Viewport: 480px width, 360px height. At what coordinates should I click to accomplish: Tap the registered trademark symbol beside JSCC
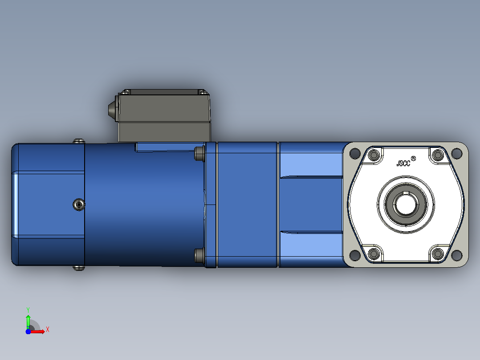coord(413,159)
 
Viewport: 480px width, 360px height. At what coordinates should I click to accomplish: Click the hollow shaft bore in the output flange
coord(405,205)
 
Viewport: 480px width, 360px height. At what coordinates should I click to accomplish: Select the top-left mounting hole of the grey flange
coord(355,153)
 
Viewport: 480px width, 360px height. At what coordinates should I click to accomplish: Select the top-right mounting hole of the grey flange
coord(456,153)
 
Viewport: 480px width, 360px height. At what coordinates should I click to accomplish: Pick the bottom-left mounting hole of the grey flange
coord(355,255)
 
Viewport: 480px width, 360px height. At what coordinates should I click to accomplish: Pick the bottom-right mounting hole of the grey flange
coord(456,255)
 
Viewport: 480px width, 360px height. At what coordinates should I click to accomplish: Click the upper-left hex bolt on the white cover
coord(374,155)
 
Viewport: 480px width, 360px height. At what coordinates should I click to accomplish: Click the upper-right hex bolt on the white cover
coord(438,155)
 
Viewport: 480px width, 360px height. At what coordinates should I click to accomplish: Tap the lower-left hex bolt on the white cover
coord(374,254)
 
